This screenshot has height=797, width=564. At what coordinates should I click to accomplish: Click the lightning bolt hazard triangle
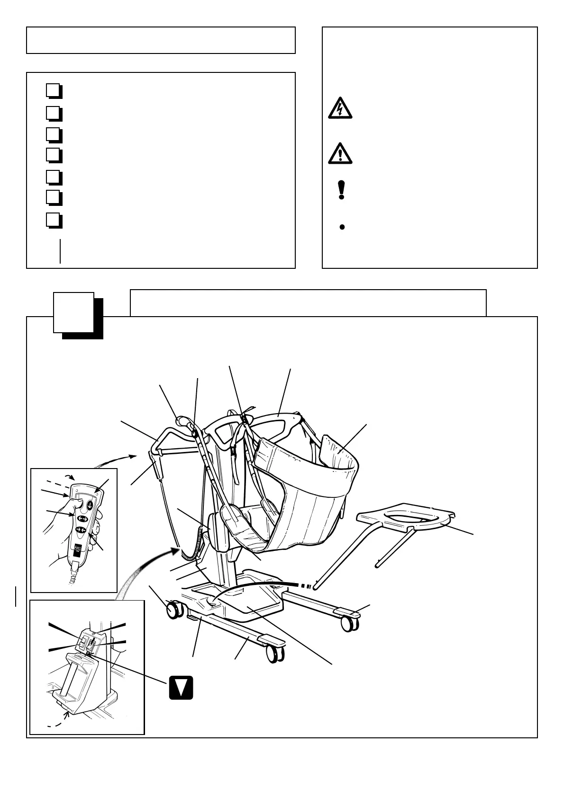(x=340, y=108)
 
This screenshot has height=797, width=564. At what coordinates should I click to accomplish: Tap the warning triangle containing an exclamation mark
(x=340, y=153)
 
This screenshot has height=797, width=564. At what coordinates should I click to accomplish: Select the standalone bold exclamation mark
(x=341, y=190)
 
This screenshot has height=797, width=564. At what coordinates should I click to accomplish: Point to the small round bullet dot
(x=342, y=227)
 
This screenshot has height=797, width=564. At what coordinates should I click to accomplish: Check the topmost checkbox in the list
(x=54, y=90)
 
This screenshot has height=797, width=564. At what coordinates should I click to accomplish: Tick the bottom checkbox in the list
(x=54, y=221)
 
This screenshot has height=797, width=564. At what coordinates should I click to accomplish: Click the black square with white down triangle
(x=181, y=687)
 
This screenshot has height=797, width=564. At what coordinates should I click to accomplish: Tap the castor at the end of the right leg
(x=350, y=624)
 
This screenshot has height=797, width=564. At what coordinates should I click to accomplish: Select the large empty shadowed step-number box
(x=73, y=312)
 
